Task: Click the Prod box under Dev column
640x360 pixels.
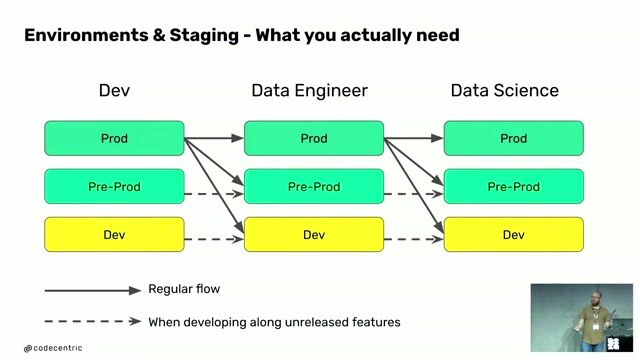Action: pos(114,138)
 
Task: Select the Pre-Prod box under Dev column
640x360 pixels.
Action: pos(114,187)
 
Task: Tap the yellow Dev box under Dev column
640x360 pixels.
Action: pos(114,235)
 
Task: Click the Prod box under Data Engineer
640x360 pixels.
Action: pos(314,138)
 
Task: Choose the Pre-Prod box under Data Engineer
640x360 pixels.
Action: pos(314,187)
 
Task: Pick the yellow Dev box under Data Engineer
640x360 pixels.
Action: pos(314,235)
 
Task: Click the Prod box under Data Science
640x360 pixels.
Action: pos(513,138)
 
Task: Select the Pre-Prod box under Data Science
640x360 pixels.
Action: pos(513,187)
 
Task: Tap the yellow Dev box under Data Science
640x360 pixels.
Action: pos(513,235)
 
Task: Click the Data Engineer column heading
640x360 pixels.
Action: pos(309,91)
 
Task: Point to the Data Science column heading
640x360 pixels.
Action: pos(504,91)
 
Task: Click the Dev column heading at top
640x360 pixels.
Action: pos(114,91)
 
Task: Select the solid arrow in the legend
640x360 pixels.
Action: pos(92,290)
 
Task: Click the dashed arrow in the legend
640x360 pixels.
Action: pos(92,322)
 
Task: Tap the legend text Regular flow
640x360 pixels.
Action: pos(184,290)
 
